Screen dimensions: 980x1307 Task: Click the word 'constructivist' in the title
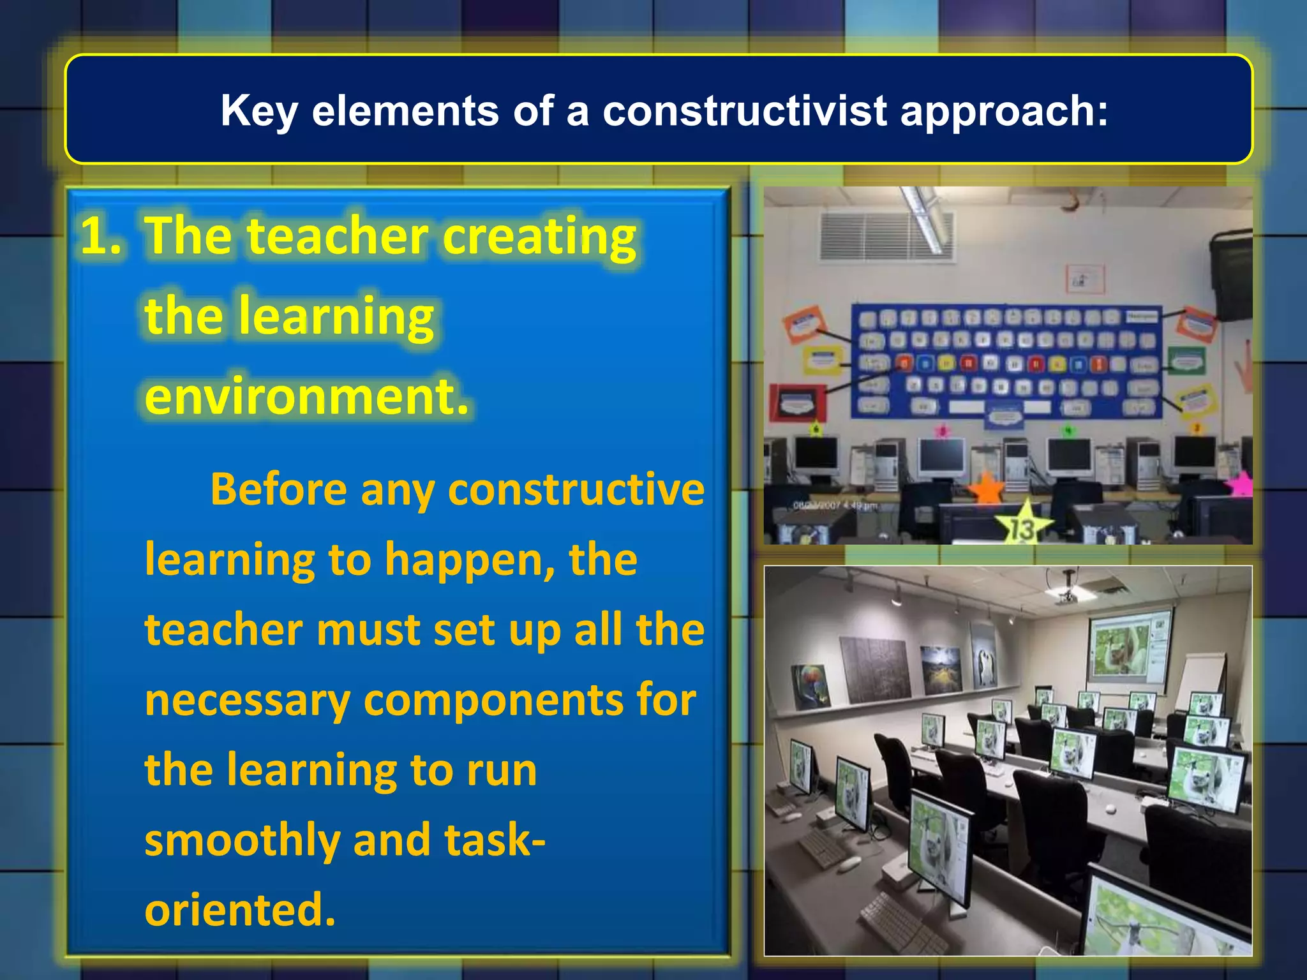click(744, 110)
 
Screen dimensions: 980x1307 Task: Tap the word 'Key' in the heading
click(258, 112)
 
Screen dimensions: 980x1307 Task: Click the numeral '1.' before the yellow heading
click(101, 236)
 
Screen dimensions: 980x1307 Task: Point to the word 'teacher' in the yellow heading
click(338, 236)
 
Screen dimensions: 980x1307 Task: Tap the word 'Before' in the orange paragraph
click(278, 489)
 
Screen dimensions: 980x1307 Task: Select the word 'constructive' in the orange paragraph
click(576, 489)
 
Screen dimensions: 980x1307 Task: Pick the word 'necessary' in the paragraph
click(248, 700)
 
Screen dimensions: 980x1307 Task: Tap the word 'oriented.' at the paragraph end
click(240, 910)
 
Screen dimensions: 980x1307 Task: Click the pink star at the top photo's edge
click(1241, 483)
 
